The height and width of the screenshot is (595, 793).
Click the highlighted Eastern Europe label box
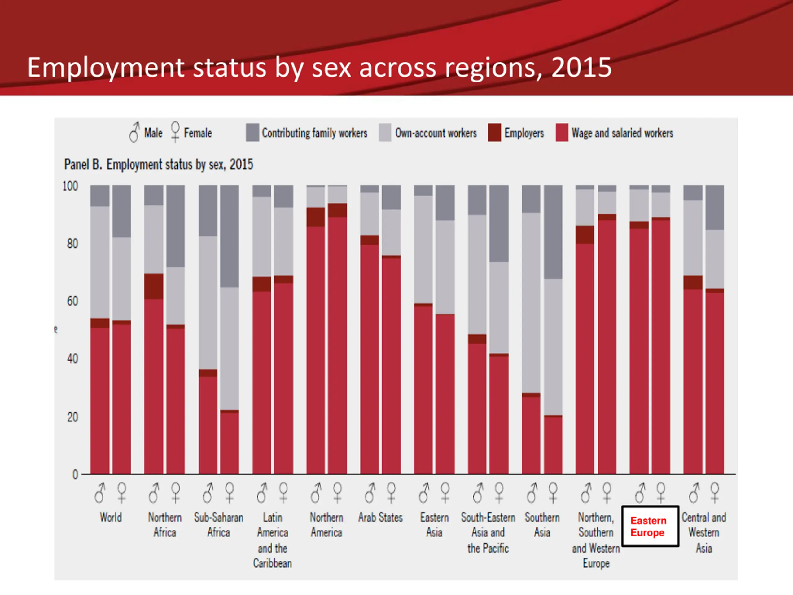(650, 526)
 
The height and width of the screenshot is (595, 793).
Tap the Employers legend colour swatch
(494, 132)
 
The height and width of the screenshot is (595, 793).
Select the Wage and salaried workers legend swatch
(562, 132)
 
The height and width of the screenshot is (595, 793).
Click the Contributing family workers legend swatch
(252, 132)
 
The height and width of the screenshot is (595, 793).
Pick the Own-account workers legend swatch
(385, 132)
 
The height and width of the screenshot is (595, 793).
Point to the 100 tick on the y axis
(70, 186)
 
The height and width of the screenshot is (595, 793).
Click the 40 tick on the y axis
(72, 359)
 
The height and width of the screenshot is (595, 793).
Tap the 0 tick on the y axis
(75, 474)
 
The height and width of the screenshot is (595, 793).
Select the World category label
(111, 518)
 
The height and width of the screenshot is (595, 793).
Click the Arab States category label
(380, 518)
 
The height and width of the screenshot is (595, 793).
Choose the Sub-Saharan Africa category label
(219, 525)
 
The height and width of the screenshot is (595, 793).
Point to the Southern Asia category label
(542, 525)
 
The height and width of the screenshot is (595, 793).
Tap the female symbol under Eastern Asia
(445, 492)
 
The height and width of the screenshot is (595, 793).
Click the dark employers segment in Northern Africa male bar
(153, 286)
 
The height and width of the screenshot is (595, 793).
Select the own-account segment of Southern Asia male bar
(531, 303)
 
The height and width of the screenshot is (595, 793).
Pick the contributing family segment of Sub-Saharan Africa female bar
(230, 236)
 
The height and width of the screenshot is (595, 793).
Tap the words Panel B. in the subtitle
(83, 165)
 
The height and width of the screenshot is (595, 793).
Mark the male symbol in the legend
(134, 132)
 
